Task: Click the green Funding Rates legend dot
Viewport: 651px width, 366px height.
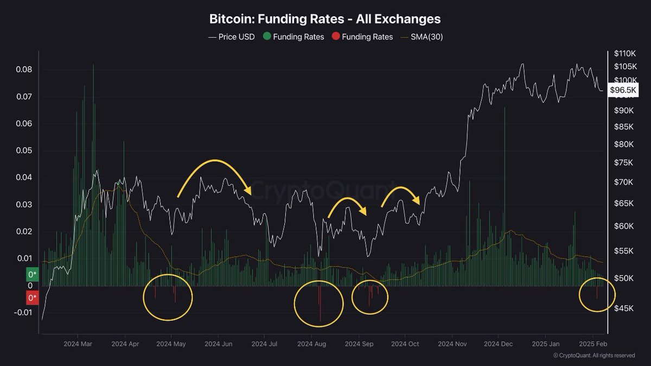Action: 266,37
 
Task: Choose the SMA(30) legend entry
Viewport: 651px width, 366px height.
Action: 422,37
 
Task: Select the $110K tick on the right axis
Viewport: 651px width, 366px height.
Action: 624,54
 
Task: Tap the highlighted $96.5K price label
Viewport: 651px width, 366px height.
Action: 623,90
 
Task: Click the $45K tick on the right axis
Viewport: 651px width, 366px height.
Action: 623,308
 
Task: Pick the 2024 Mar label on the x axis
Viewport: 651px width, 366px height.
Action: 78,344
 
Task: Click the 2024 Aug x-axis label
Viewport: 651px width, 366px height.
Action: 312,344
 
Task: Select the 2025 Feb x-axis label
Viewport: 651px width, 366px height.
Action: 593,344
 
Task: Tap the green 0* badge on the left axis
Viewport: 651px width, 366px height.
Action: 33,274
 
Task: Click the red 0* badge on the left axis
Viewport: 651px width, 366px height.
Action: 33,298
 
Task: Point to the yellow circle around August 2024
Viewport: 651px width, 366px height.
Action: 318,304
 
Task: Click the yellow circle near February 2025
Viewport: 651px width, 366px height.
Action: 597,295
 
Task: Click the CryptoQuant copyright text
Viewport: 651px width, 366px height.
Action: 594,356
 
